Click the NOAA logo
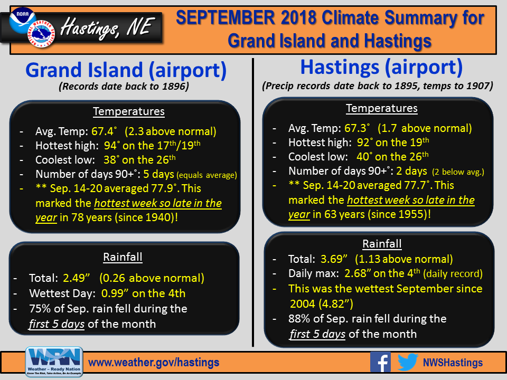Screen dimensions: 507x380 22,20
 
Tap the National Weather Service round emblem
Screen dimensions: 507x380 41,34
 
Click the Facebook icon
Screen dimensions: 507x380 380,362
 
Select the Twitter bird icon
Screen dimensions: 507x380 408,362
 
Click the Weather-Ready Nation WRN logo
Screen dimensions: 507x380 54,362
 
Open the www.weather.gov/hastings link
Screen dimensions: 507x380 154,363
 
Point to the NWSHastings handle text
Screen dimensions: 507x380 453,363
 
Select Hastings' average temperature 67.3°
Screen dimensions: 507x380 357,128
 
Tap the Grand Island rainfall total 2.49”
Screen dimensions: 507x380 76,278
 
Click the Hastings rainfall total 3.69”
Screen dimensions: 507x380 334,259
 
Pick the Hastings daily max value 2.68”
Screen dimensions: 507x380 357,273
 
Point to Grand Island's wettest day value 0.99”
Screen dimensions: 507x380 115,293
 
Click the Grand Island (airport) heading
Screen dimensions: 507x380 126,70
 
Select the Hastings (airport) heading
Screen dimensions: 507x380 381,67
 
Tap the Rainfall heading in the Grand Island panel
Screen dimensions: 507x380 123,257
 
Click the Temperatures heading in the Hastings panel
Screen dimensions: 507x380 381,108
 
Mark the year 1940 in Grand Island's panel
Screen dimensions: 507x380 158,217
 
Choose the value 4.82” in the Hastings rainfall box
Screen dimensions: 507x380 336,304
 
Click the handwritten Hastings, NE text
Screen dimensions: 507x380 106,28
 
